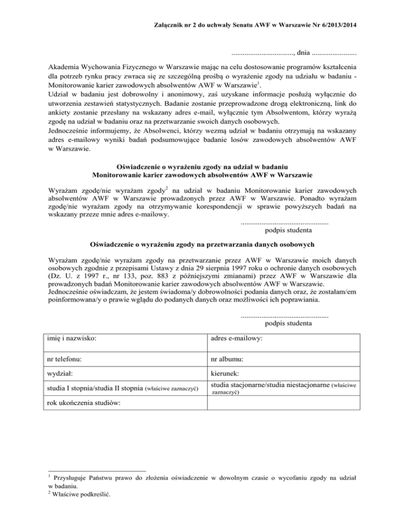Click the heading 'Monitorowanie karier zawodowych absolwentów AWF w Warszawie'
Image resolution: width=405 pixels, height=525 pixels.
pos(202,174)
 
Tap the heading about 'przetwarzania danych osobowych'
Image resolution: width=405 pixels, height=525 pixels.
pos(202,245)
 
